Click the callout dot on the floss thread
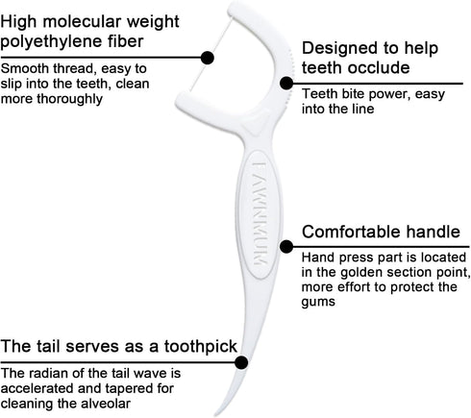(x=208, y=58)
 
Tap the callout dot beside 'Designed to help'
(x=286, y=84)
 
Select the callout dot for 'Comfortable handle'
(x=286, y=247)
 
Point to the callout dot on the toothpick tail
(x=241, y=362)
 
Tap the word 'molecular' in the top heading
(x=82, y=21)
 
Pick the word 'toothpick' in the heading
(x=201, y=346)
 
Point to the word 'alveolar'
(x=106, y=404)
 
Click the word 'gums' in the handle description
(x=318, y=302)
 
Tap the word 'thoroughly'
(x=70, y=99)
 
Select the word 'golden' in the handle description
(x=359, y=273)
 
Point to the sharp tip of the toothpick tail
(x=215, y=415)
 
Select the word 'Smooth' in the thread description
(x=25, y=68)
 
